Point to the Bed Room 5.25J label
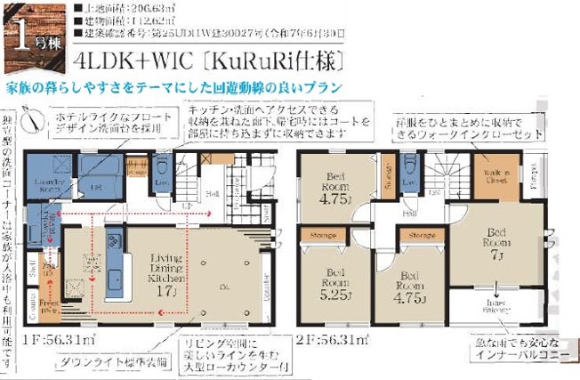tap(335, 282)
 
